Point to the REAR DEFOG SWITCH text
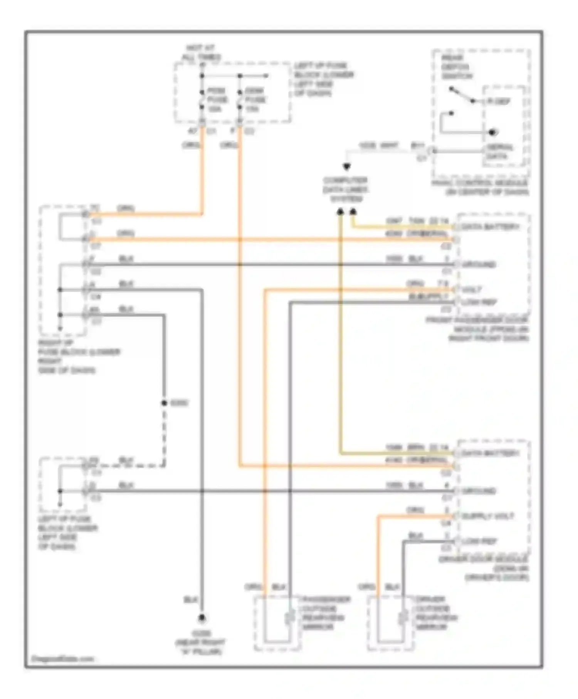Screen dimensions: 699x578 (x=456, y=67)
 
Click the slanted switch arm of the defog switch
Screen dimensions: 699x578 (x=461, y=95)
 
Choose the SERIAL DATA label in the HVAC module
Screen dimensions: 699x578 (x=499, y=152)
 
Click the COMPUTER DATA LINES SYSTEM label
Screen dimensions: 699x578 (x=346, y=190)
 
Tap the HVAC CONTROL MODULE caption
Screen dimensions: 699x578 (x=480, y=187)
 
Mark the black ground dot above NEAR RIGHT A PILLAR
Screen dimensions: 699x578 (x=202, y=618)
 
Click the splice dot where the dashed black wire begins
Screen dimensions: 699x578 (x=164, y=403)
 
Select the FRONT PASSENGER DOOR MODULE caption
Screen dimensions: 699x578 (x=478, y=329)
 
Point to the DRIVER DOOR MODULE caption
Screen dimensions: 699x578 (x=484, y=568)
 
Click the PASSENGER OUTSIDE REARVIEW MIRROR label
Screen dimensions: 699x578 (x=326, y=613)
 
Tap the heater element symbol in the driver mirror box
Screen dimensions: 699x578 (x=403, y=618)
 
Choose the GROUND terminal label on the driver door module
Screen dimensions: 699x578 (x=479, y=491)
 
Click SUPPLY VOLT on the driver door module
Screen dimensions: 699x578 (x=487, y=516)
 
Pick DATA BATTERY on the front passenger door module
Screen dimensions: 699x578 (x=490, y=227)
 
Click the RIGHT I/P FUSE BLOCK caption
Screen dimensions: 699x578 (x=79, y=356)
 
